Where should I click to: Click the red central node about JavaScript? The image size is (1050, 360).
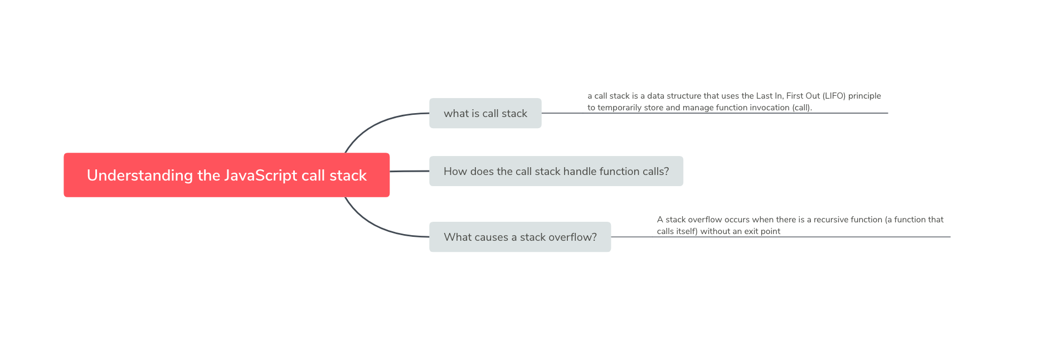[x=226, y=175]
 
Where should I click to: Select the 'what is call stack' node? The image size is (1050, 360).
[x=485, y=113]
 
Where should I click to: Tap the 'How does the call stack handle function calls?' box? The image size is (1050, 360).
[x=556, y=171]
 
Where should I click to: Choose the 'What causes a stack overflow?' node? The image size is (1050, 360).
[x=519, y=237]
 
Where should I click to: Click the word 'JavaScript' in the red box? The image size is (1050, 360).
[x=261, y=175]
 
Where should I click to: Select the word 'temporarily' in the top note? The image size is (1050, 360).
[x=619, y=108]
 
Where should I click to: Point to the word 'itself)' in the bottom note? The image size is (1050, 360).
[x=685, y=231]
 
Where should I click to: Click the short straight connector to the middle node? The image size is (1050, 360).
[x=409, y=171]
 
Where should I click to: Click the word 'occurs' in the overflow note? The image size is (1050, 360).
[x=737, y=220]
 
